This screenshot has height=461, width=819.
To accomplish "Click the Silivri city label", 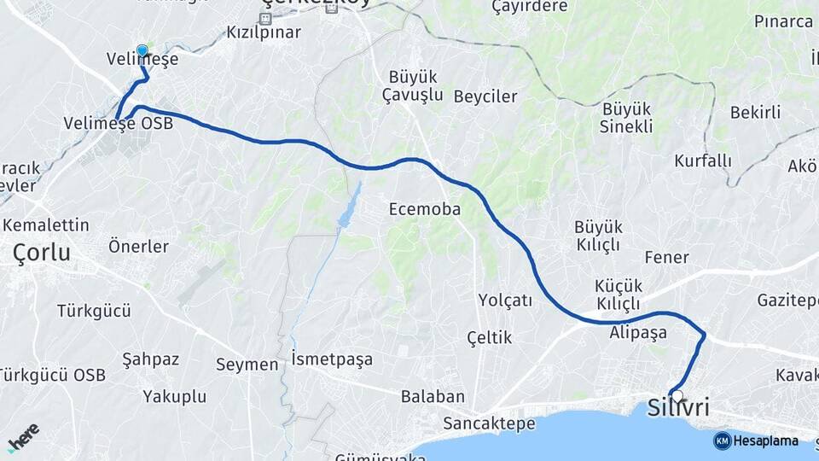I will [x=678, y=407].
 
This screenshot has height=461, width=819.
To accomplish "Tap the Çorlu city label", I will [x=41, y=252].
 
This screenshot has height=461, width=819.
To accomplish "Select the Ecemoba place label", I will [x=424, y=209].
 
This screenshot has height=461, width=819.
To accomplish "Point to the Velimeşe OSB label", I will [x=118, y=124].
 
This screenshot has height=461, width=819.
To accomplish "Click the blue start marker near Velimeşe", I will [x=142, y=50].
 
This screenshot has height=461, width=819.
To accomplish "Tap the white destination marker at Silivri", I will [x=677, y=395].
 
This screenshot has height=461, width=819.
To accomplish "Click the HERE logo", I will [x=23, y=437].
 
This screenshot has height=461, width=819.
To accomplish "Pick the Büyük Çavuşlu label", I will [x=412, y=85].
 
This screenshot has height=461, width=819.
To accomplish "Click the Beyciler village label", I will [x=485, y=96].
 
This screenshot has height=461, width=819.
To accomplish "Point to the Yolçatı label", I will [x=505, y=300].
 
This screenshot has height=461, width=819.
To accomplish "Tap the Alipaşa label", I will [x=638, y=333].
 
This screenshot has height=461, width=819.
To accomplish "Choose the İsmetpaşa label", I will [x=332, y=359].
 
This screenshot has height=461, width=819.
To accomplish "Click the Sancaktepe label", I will [x=489, y=423].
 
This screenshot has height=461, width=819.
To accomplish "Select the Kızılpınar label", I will [x=264, y=32].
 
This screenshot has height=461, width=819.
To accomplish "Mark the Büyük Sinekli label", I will [x=627, y=118].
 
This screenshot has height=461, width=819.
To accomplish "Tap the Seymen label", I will [x=247, y=365].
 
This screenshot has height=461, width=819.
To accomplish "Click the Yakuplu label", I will [x=175, y=396].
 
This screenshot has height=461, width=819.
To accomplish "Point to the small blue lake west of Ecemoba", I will [x=348, y=209].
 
